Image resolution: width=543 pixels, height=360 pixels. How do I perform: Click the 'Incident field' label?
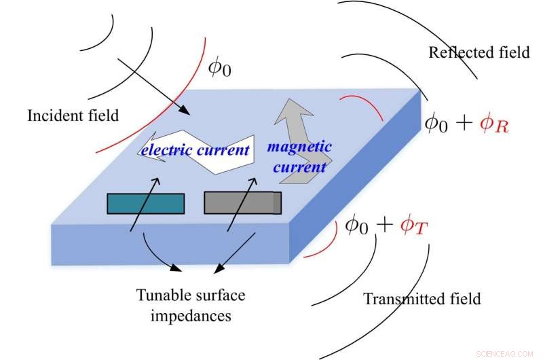click(73, 116)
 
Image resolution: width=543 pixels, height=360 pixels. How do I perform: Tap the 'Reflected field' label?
click(479, 52)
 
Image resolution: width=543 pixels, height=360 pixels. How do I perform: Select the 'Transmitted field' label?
click(422, 298)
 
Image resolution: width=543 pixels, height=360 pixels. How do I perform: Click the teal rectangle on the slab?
click(145, 203)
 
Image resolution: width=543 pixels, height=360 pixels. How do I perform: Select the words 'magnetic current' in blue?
click(299, 156)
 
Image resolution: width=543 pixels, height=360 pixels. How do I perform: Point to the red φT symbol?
click(413, 226)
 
